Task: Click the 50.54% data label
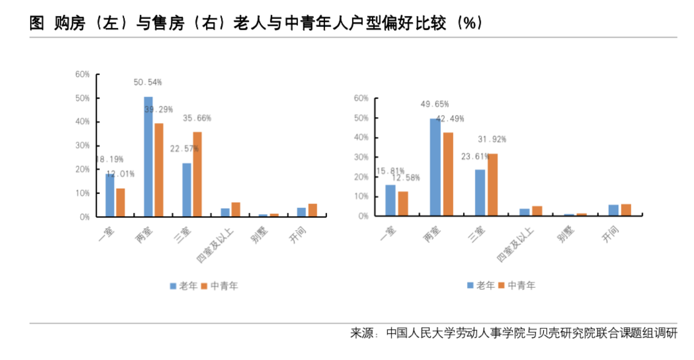148,82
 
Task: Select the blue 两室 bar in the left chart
148,156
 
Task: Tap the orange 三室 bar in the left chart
197,174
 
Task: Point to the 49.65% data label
434,104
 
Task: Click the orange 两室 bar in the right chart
448,174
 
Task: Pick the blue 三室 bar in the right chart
480,192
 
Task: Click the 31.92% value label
492,139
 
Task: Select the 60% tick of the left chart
82,74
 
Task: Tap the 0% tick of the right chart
363,216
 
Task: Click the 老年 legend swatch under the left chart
173,286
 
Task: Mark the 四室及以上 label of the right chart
516,243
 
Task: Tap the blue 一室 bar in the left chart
110,195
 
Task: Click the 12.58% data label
406,178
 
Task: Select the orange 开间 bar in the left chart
313,210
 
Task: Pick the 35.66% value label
197,118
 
